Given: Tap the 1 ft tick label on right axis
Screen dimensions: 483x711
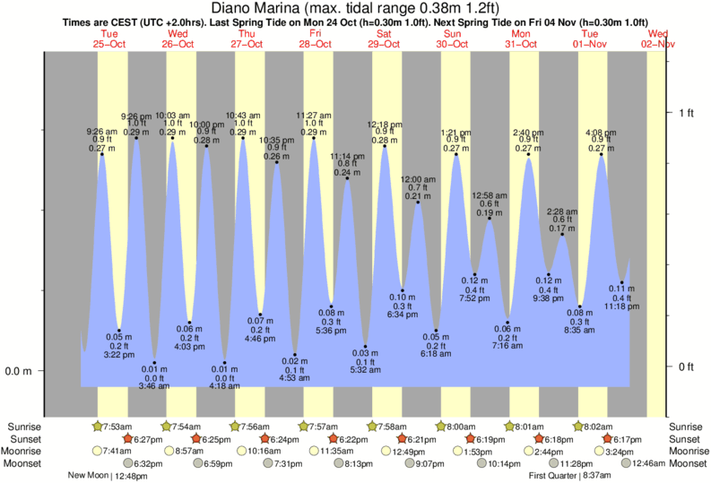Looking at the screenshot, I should pos(687,112).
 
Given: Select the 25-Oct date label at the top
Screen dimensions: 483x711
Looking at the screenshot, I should pos(109,42).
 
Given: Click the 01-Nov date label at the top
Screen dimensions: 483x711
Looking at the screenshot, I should pos(589,42).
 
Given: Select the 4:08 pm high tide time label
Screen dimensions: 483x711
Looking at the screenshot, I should pos(600,130).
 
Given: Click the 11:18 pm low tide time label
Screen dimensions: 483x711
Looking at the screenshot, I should pos(621,306).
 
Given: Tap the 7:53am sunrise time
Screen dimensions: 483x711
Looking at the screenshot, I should pos(119,427).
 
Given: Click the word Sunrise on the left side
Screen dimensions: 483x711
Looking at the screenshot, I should pos(26,427).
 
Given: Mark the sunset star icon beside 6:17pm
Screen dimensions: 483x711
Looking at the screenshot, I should pos(608,439).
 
